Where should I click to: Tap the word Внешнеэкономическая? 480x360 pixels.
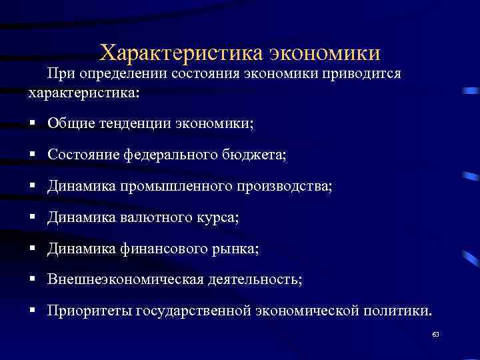125,279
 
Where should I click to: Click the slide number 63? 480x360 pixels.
435,334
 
